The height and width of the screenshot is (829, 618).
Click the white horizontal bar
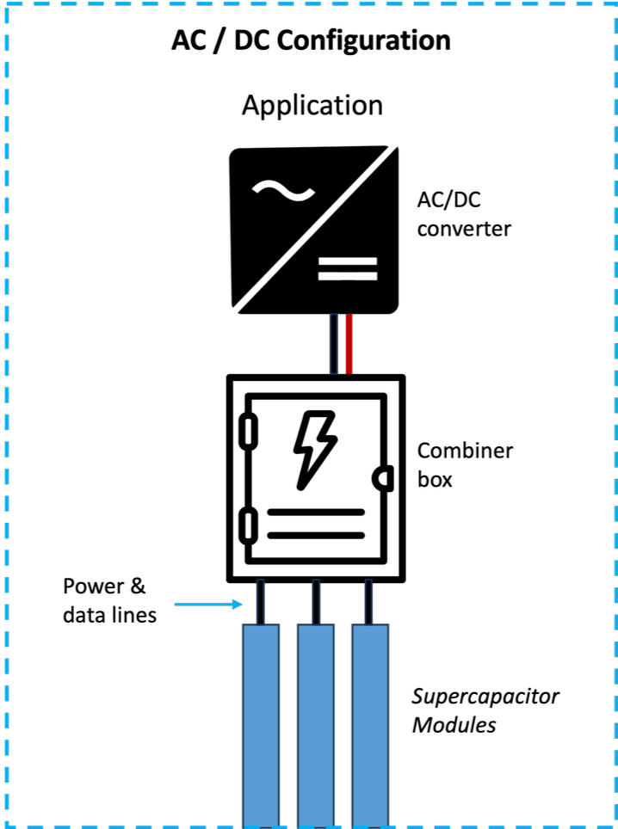pyautogui.click(x=348, y=276)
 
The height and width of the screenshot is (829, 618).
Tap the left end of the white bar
pyautogui.click(x=320, y=276)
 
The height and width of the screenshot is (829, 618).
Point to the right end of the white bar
pyautogui.click(x=375, y=276)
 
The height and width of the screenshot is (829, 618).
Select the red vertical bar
pyautogui.click(x=349, y=344)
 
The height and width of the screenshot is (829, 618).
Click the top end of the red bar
pyautogui.click(x=349, y=316)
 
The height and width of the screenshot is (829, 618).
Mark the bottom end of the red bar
pyautogui.click(x=349, y=372)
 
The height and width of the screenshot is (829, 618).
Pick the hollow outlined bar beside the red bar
pyautogui.click(x=334, y=344)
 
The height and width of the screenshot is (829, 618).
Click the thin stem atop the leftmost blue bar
pyautogui.click(x=261, y=601)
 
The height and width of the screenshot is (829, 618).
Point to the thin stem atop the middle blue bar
pyautogui.click(x=316, y=601)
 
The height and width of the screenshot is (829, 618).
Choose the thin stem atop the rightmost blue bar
pyautogui.click(x=368, y=601)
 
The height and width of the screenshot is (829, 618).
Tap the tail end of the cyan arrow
pyautogui.click(x=176, y=605)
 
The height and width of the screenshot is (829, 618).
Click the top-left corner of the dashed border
pyautogui.click(x=6, y=4)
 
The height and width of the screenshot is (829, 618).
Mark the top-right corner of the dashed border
pyautogui.click(x=615, y=4)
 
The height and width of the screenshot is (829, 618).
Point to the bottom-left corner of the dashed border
pyautogui.click(x=6, y=826)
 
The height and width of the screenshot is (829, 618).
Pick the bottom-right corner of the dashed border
pyautogui.click(x=615, y=826)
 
